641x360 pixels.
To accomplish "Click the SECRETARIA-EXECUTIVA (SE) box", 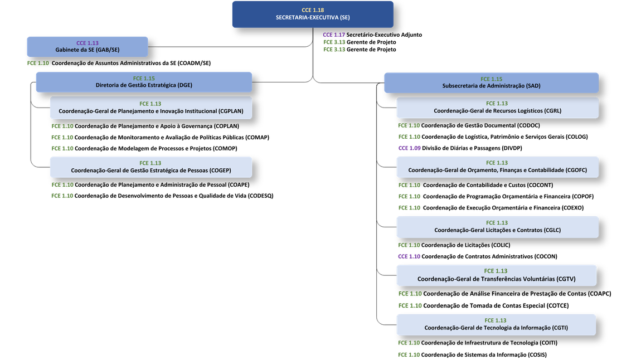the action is [313, 14].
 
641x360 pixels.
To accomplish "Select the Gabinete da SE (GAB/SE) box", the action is [88, 47].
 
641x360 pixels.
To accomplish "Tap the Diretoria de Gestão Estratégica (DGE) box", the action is [144, 82].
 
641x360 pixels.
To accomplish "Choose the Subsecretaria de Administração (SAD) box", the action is [492, 82].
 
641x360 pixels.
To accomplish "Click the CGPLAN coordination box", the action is [151, 108].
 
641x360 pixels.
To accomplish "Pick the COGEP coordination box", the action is [151, 167].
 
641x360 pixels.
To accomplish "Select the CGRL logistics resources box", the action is [498, 107].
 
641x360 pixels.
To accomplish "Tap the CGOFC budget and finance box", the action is [498, 167].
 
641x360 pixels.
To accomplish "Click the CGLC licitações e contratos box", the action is [498, 227].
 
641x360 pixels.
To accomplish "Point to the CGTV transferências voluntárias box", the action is [496, 275].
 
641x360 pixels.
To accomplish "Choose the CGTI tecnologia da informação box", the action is [496, 324].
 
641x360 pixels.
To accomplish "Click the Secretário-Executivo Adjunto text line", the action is [372, 35].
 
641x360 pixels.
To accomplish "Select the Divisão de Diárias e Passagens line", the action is [460, 148].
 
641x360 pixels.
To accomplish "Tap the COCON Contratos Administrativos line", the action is [478, 256].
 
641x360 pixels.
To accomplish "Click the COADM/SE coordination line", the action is [119, 63].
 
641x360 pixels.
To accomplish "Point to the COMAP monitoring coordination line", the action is [161, 137].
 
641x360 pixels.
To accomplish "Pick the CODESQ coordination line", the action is [162, 196].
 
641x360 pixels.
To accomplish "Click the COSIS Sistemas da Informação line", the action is [472, 354].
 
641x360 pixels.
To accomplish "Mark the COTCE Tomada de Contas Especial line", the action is [484, 305].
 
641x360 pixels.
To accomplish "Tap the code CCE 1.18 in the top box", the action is [313, 10].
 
